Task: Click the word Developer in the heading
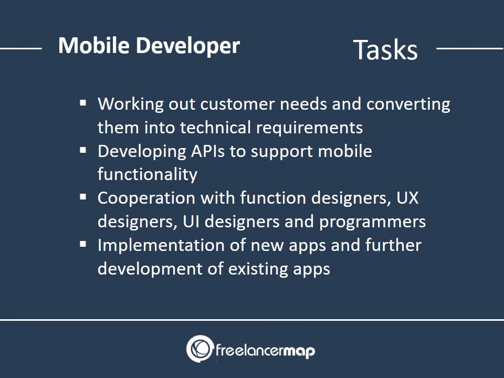(x=187, y=46)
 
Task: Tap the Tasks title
(x=385, y=50)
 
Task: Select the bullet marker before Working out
(x=83, y=102)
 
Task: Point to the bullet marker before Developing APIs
(x=83, y=150)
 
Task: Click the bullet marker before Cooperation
(x=83, y=197)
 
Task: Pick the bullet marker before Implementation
(x=83, y=244)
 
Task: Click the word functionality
(x=147, y=175)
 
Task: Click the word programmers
(x=372, y=222)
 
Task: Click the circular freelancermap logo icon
(x=199, y=349)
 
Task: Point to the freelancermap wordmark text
(x=265, y=350)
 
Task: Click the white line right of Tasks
(x=469, y=48)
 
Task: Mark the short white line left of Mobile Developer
(x=21, y=48)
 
